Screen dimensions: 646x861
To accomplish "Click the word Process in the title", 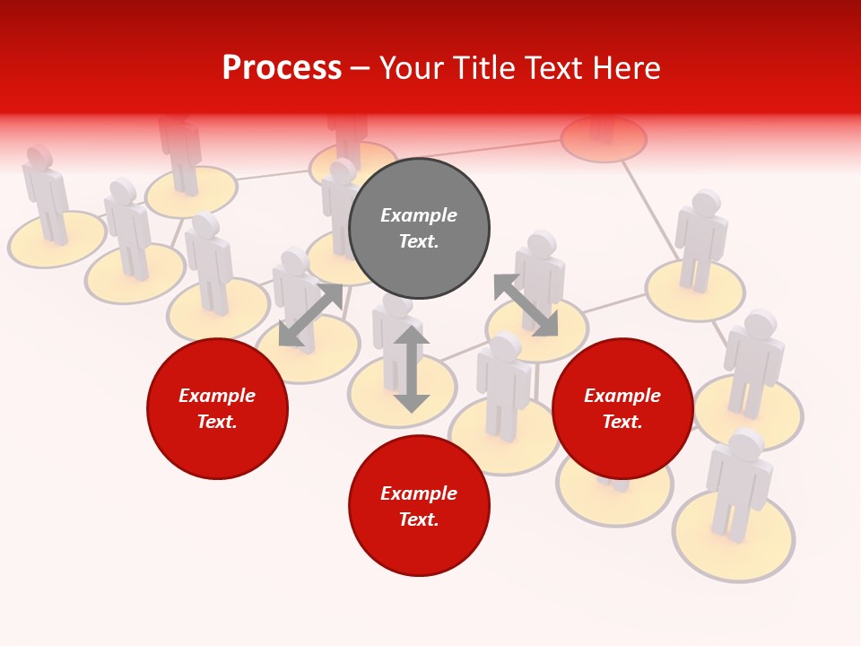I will point(282,68).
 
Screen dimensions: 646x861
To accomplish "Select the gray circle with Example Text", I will point(419,228).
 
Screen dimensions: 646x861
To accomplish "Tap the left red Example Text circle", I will point(217,408).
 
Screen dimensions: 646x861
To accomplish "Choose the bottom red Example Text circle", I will point(419,506).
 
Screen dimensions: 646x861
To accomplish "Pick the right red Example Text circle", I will point(622,408).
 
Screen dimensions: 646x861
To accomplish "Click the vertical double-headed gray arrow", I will point(412,369).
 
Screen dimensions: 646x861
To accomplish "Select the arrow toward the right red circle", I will point(526,305).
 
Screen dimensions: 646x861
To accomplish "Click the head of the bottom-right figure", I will point(746,443).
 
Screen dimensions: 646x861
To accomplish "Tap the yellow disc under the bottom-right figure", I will point(734,538).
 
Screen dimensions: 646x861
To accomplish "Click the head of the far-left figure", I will point(39,157).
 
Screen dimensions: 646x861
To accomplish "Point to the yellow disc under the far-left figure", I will point(57,240).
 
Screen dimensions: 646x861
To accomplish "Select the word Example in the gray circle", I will point(419,215).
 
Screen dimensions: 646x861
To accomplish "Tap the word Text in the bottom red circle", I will point(419,519).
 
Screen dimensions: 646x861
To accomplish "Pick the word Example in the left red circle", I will point(217,396).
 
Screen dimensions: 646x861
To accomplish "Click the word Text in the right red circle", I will point(622,422).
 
